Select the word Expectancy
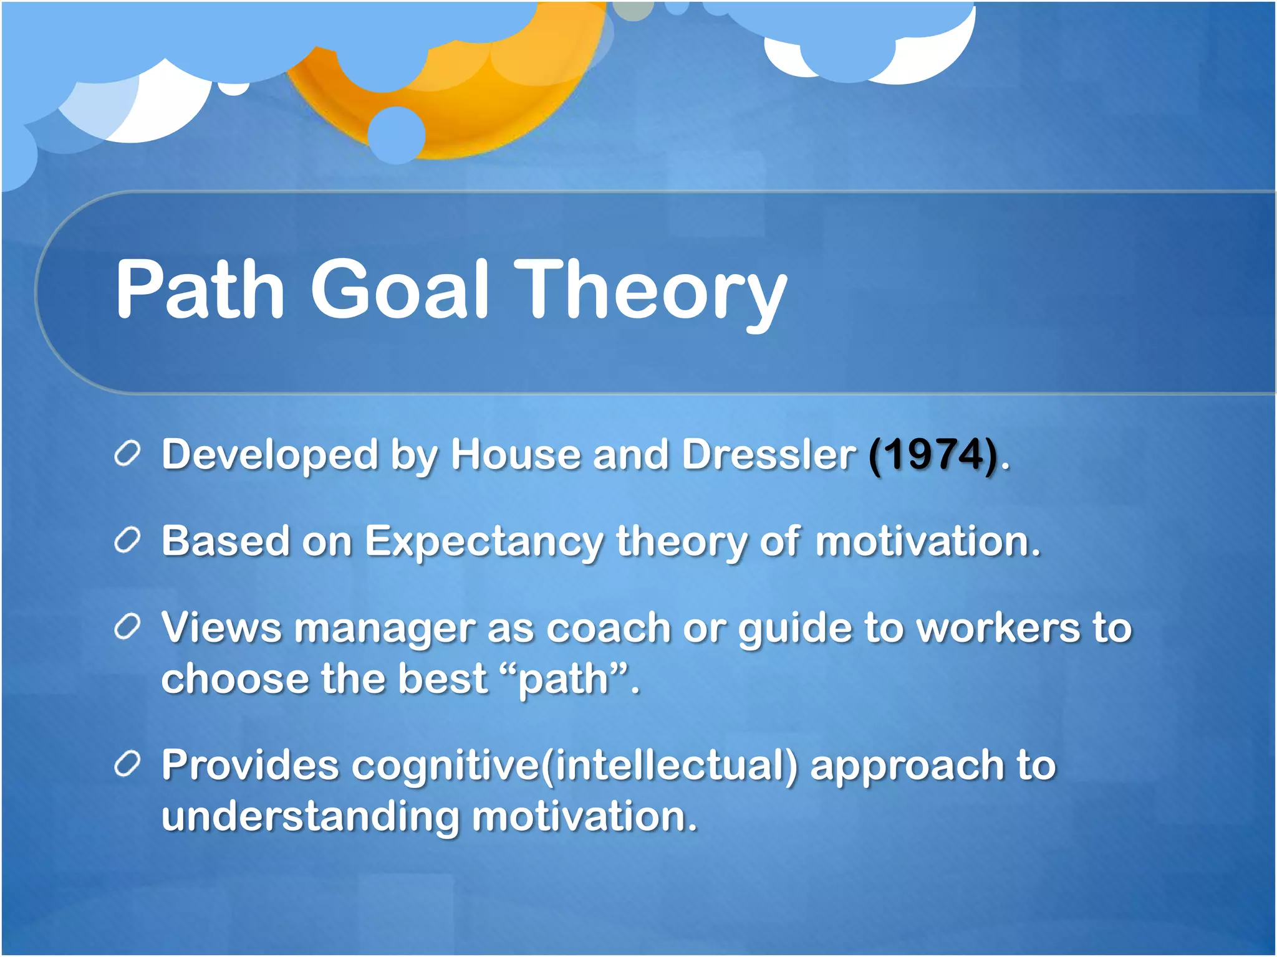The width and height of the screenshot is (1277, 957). (x=484, y=542)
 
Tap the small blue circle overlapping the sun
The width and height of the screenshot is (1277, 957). (x=397, y=135)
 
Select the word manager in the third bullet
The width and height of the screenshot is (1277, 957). (x=384, y=629)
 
